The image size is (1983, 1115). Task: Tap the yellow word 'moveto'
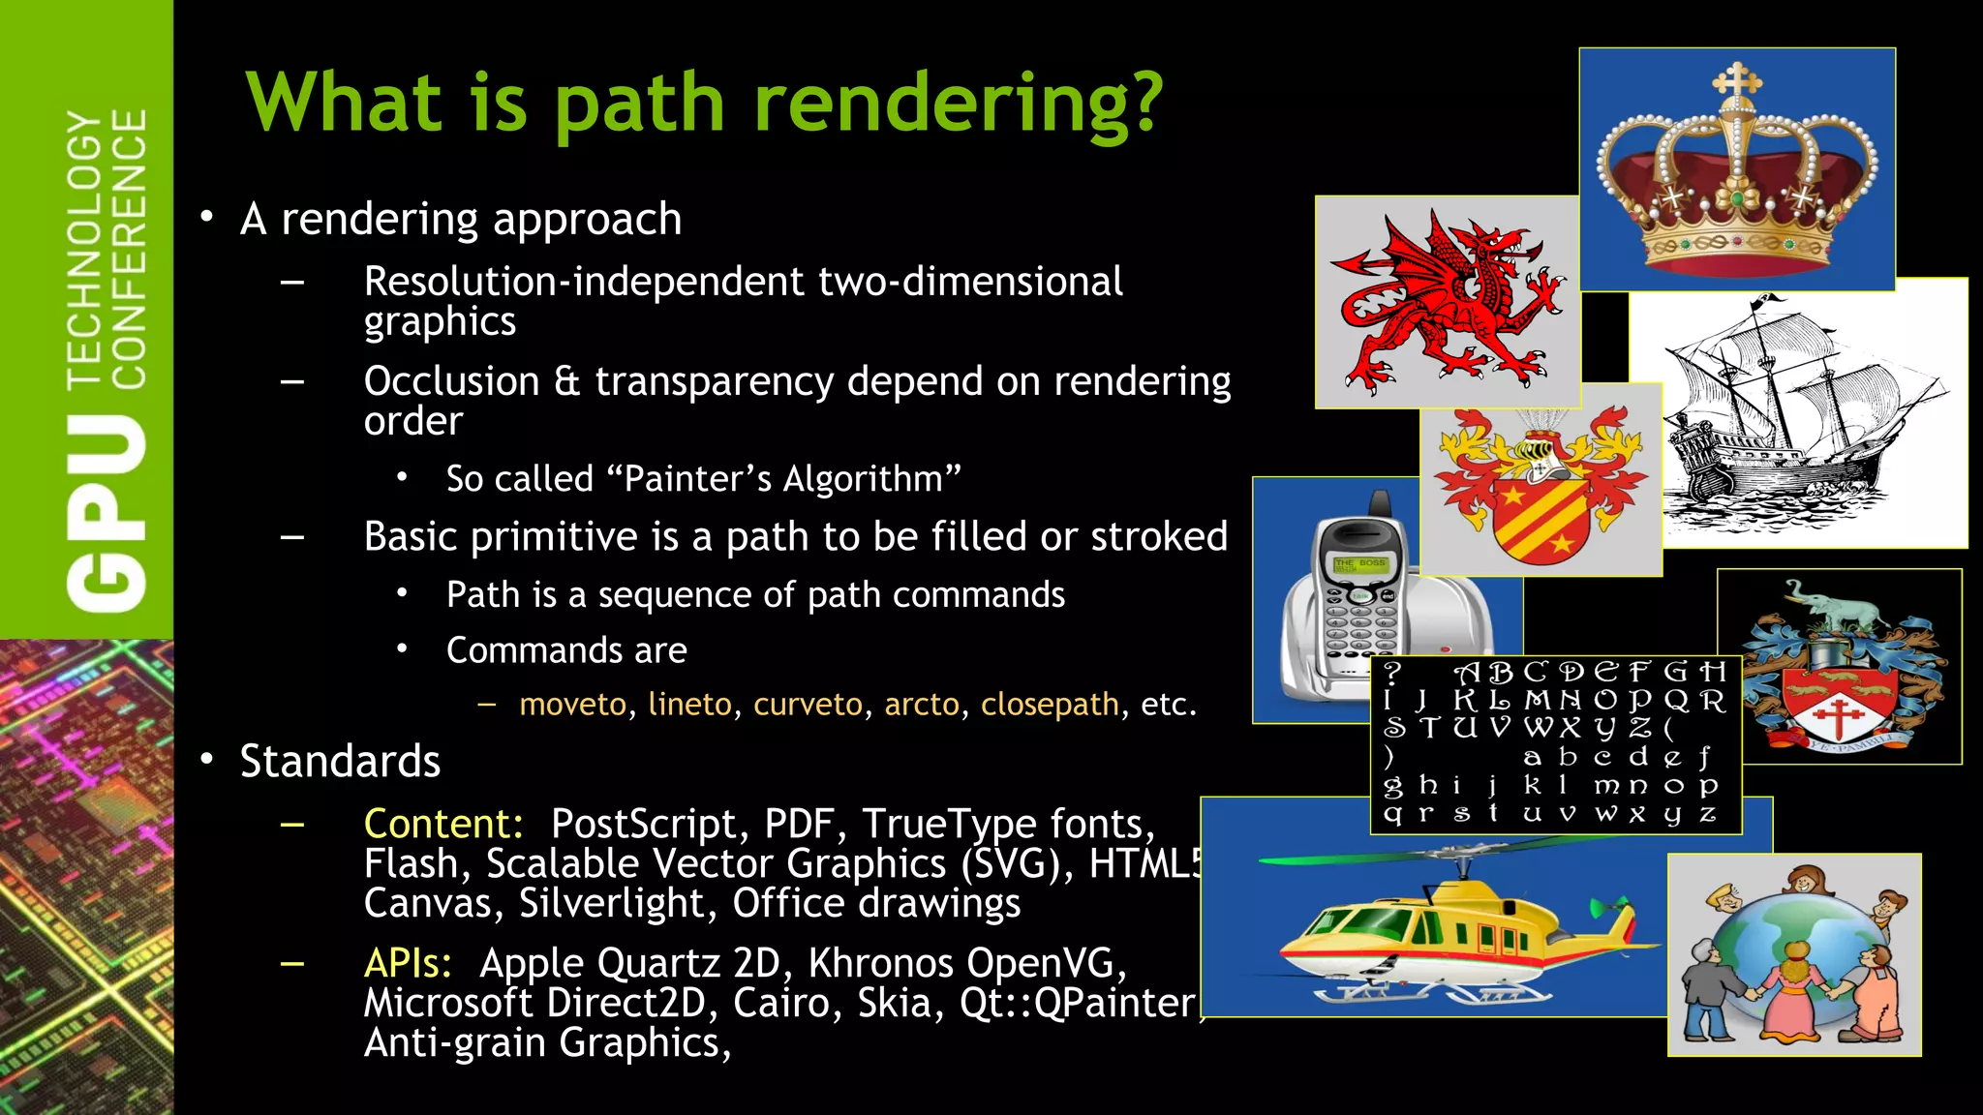pyautogui.click(x=572, y=705)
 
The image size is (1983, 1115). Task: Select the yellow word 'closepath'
pyautogui.click(x=1050, y=705)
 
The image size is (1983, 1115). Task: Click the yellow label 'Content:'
pyautogui.click(x=442, y=825)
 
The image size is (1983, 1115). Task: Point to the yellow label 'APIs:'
pyautogui.click(x=408, y=964)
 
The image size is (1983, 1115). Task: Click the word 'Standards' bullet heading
pyautogui.click(x=340, y=762)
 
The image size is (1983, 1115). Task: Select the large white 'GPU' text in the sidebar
pyautogui.click(x=107, y=514)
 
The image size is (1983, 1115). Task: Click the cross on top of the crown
pyautogui.click(x=1737, y=81)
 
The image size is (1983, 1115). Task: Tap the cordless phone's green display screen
pyautogui.click(x=1359, y=564)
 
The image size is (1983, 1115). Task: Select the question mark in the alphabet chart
pyautogui.click(x=1392, y=672)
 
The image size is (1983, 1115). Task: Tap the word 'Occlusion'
pyautogui.click(x=451, y=382)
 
